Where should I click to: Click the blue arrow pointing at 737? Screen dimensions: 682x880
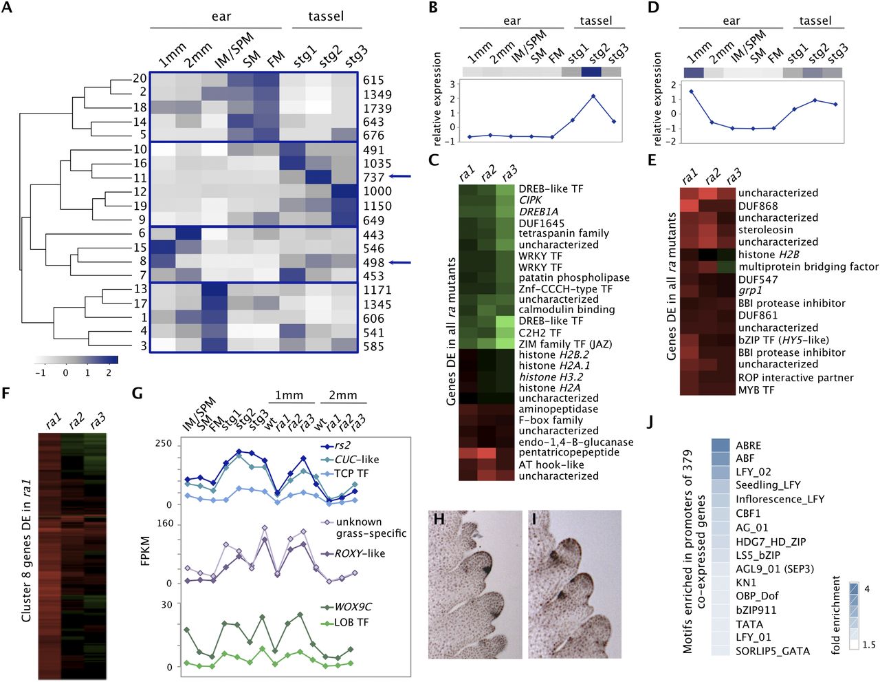click(399, 177)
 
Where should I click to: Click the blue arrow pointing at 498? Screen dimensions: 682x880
click(399, 262)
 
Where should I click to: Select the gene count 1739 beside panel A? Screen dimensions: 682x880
click(377, 108)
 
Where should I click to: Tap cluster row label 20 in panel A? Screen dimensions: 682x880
click(140, 78)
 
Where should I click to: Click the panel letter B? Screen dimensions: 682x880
click(432, 8)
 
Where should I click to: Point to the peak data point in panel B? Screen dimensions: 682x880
click(593, 96)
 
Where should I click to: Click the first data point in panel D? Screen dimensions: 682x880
click(691, 91)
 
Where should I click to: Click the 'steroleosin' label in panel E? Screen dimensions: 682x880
click(765, 229)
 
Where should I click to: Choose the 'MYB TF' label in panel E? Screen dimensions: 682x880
click(756, 390)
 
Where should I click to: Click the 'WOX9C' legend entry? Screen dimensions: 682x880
click(353, 607)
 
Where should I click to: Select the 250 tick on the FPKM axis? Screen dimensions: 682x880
click(164, 444)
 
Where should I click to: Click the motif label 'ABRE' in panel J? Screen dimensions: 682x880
click(748, 445)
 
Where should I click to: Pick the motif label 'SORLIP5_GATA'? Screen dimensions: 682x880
click(772, 650)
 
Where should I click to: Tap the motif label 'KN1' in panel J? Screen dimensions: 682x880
click(745, 582)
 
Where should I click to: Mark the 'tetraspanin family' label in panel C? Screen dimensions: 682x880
click(564, 233)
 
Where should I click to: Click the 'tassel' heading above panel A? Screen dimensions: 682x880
click(326, 15)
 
